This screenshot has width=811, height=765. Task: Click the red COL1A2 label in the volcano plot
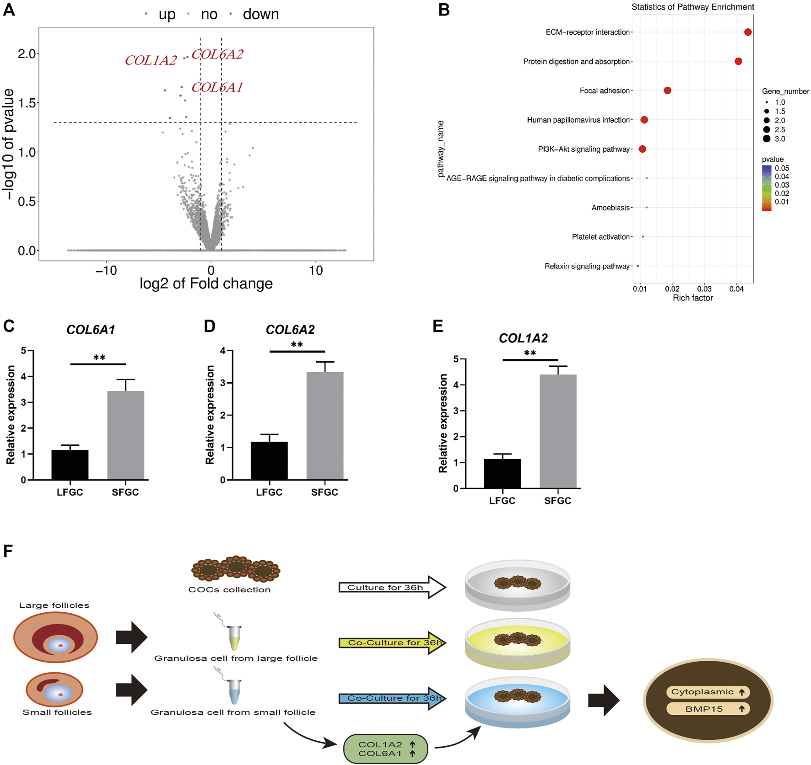(x=151, y=60)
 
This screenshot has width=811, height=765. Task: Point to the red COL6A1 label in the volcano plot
(x=217, y=87)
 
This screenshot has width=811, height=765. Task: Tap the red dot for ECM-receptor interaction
(x=747, y=32)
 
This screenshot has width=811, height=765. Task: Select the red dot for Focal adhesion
(x=667, y=91)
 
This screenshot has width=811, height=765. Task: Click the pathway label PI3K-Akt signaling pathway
(x=584, y=149)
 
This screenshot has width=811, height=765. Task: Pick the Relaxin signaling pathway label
(x=587, y=266)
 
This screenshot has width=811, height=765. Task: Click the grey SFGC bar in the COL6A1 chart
(x=125, y=434)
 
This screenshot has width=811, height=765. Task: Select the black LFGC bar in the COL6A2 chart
(x=269, y=460)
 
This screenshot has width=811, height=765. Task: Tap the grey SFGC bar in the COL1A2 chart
(x=558, y=431)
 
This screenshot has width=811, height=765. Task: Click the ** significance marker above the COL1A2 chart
(x=530, y=353)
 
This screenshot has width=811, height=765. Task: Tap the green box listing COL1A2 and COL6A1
(x=385, y=749)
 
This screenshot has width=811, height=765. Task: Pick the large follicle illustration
(x=55, y=637)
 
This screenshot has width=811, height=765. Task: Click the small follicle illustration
(x=54, y=690)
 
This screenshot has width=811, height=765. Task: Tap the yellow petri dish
(x=518, y=644)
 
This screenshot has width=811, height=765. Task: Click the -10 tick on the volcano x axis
(x=106, y=271)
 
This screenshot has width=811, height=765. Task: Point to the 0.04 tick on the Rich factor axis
(x=736, y=289)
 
